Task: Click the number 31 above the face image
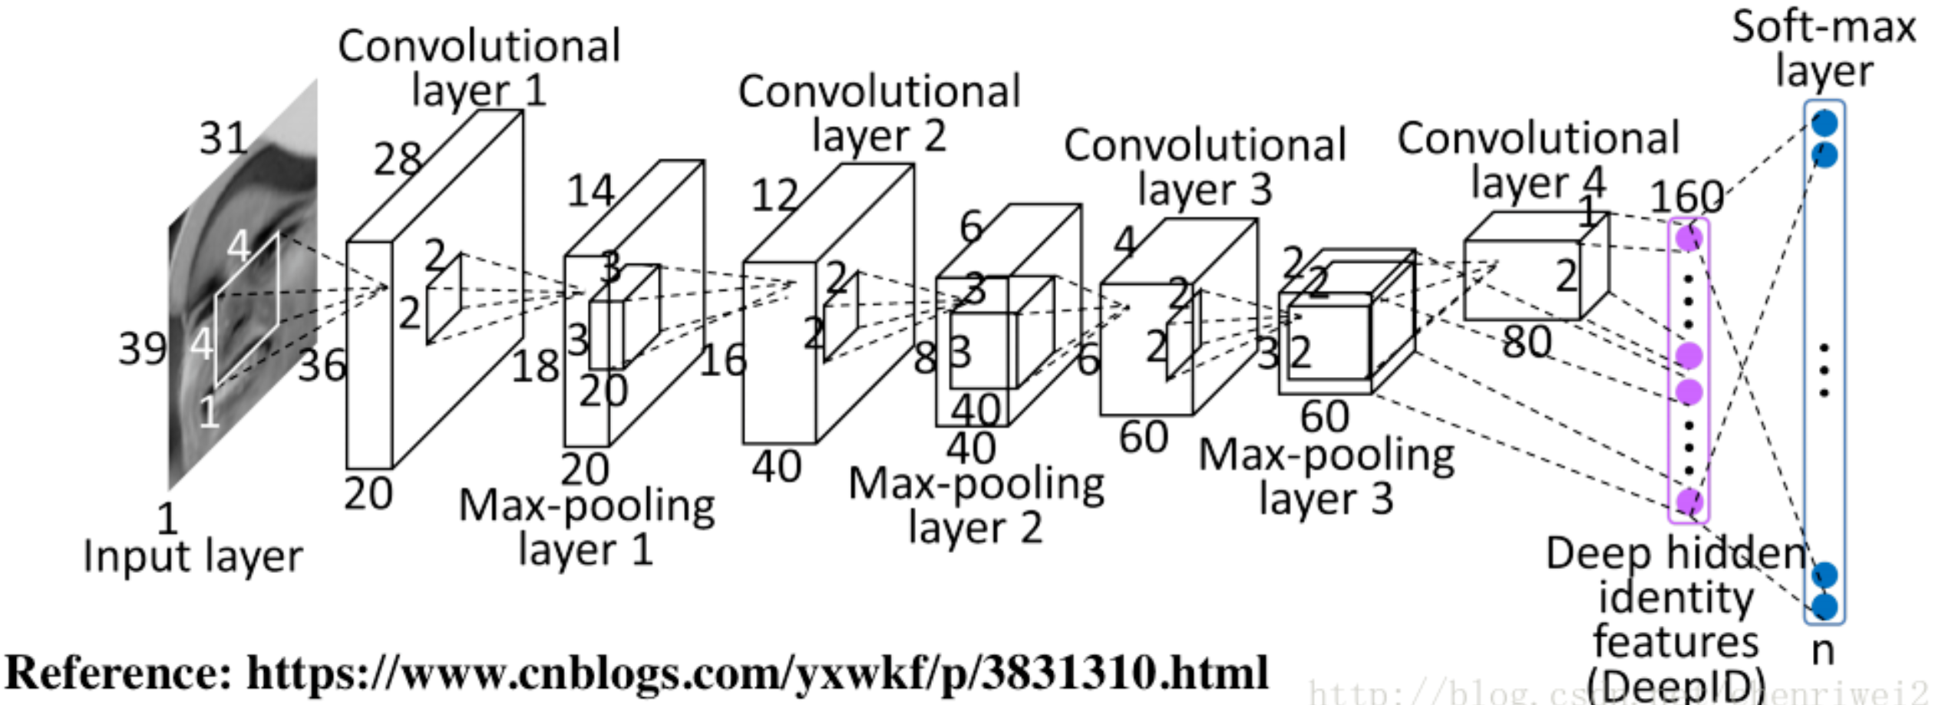223,139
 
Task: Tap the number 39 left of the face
142,349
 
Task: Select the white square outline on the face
247,309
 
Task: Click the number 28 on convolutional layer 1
398,159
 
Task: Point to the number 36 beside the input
322,366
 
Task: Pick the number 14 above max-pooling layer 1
590,190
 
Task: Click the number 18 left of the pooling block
535,366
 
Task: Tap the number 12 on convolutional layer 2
774,195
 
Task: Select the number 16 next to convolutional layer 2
722,360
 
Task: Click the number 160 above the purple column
1686,197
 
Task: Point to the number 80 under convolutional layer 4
1527,342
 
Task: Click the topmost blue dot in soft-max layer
1824,123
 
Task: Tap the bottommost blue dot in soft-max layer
1824,607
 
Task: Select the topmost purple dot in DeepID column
1689,237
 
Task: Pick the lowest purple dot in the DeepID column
1689,501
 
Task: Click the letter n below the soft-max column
1823,650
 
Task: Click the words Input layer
193,556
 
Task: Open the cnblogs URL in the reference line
757,673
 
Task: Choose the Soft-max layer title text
1824,48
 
